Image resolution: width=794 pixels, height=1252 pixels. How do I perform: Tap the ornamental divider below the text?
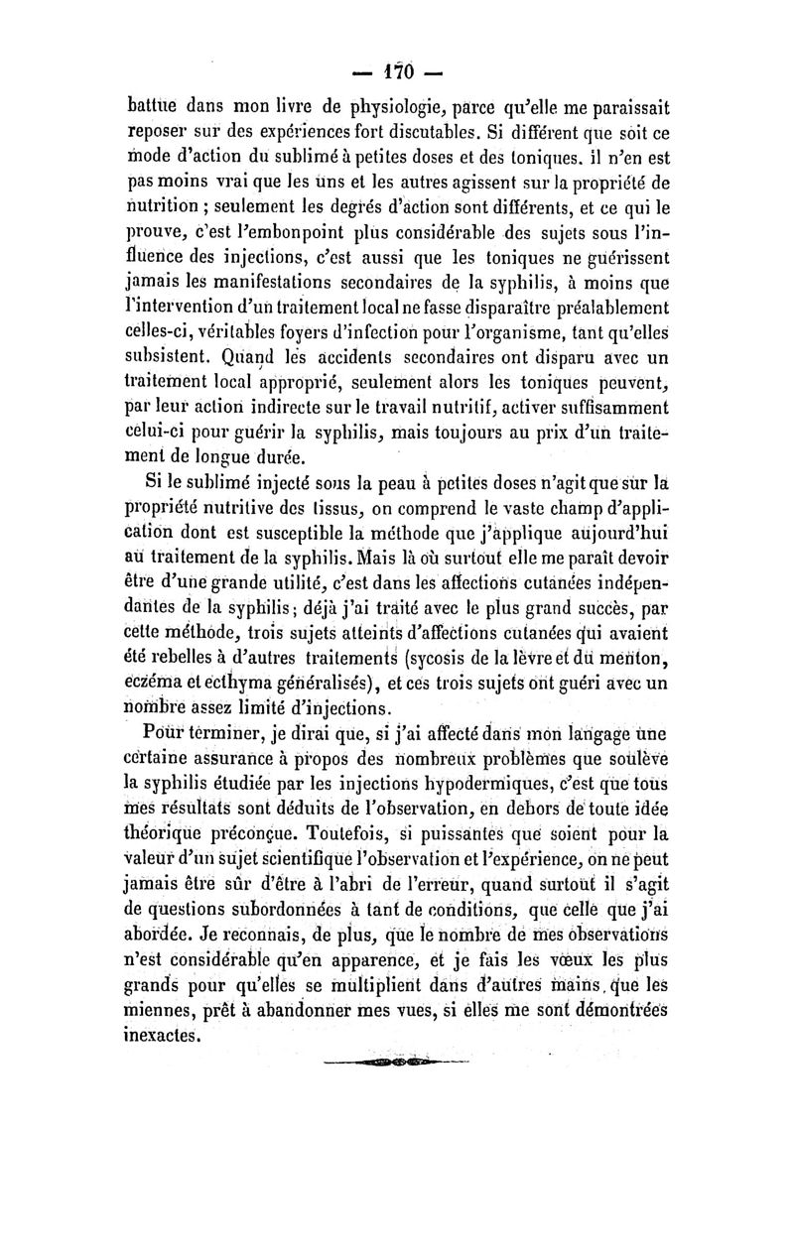397,1064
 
